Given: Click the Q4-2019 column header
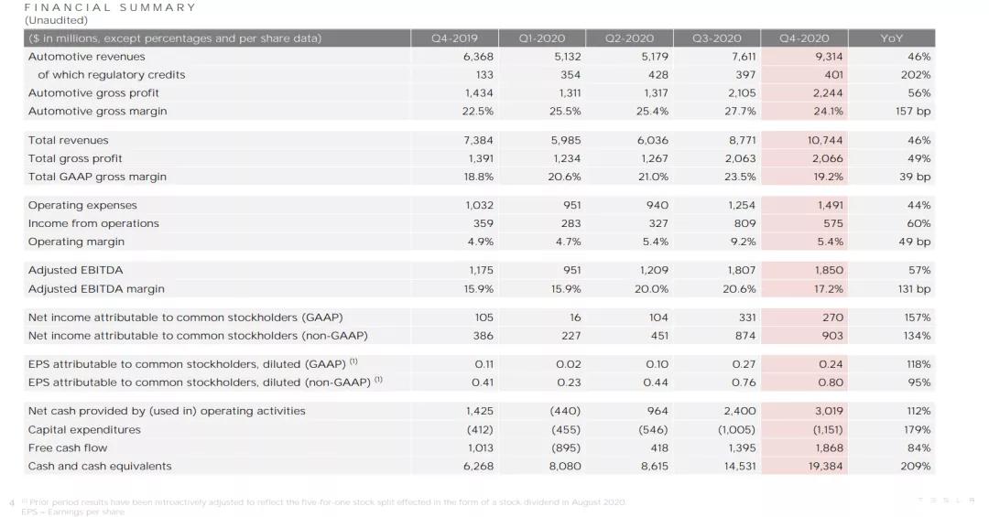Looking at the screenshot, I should coord(454,38).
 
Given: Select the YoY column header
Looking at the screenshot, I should coord(891,38).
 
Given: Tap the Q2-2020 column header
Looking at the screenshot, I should coord(629,38).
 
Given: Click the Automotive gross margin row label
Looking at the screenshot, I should coord(97,111).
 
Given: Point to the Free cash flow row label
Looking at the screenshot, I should coord(68,447).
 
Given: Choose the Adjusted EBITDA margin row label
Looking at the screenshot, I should coord(96,289).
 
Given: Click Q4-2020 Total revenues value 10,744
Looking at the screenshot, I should coord(825,140).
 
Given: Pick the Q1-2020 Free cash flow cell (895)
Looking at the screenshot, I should coord(566,447).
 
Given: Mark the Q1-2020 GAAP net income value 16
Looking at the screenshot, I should coord(575,318).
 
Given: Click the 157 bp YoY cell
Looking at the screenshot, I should coord(913,111).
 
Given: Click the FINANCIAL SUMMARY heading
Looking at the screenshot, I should coord(110,7).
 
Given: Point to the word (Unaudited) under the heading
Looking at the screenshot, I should coord(56,20).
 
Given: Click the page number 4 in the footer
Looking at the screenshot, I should coord(11,502).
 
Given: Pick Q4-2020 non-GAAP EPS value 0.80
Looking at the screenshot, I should coord(830,382).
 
